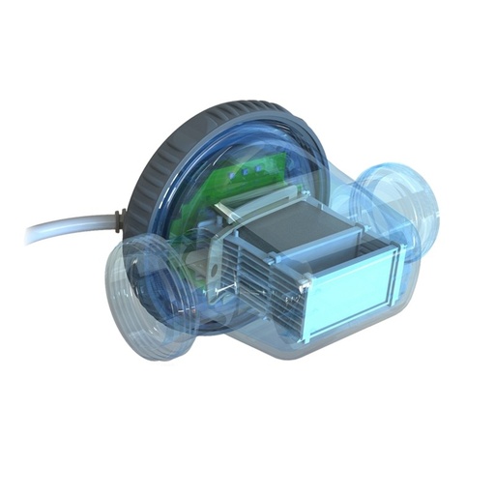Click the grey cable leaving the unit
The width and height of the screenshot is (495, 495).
pyautogui.click(x=68, y=230)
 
